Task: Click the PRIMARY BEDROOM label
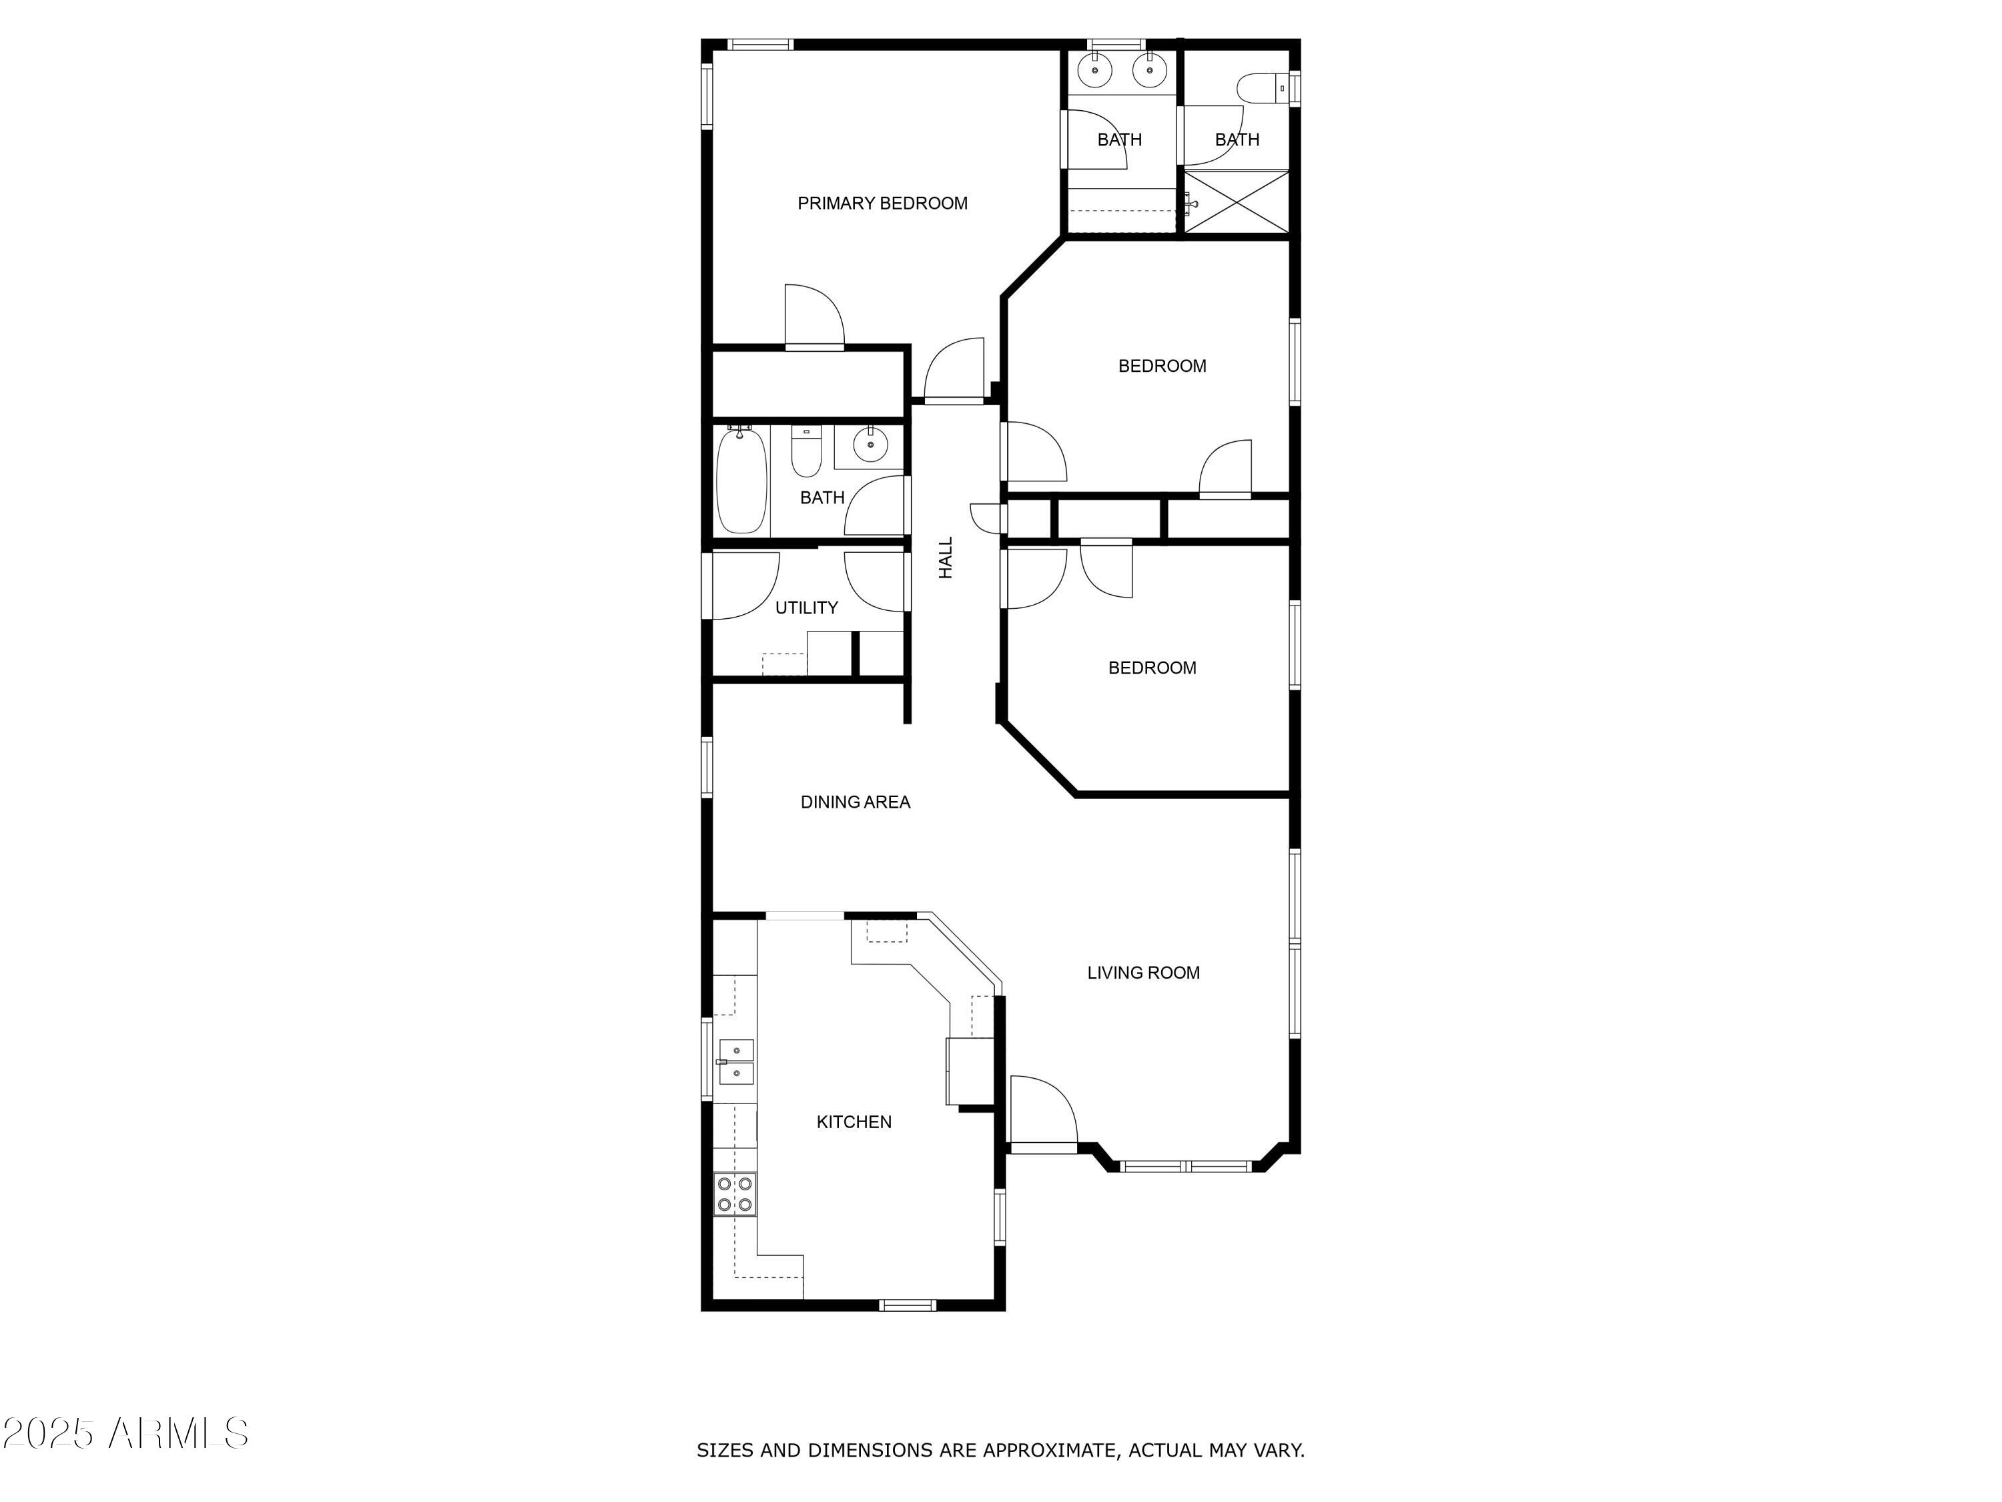882,204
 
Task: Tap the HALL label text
946,557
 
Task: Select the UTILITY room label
805,607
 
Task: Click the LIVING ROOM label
1143,973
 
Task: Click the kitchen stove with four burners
734,1194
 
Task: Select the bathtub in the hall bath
741,481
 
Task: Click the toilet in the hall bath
805,453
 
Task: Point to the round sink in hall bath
870,445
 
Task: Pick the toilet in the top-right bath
1259,88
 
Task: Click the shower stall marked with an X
1237,202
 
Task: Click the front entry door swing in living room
1041,1111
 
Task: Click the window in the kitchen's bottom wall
908,1304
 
